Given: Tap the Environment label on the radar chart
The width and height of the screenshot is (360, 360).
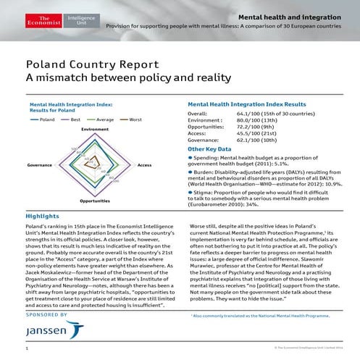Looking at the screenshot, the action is tap(94, 129).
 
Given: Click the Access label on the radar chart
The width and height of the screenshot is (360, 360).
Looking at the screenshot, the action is tap(144, 166).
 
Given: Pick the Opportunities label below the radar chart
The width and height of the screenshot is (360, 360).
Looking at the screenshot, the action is tap(94, 200).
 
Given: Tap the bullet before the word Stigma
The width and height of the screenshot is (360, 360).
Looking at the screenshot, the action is tap(190, 193).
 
